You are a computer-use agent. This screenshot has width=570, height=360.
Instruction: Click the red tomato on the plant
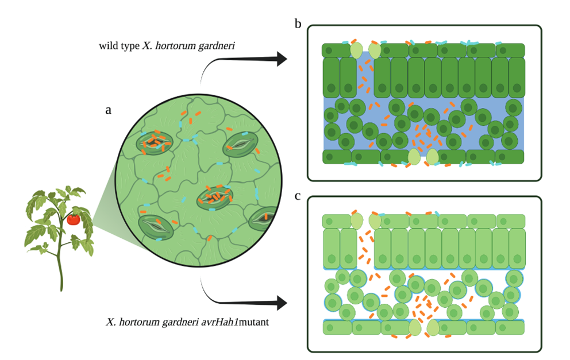point(74,219)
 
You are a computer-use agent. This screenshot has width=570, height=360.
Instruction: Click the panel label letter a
point(108,111)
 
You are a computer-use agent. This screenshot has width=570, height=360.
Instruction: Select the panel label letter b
point(298,24)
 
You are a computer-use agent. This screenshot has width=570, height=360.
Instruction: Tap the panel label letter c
point(298,196)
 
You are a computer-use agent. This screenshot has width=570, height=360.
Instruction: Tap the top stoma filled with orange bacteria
point(153,141)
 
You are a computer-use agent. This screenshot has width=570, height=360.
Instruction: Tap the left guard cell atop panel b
point(357,50)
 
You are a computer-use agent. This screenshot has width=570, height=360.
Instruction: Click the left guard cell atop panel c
point(357,221)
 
